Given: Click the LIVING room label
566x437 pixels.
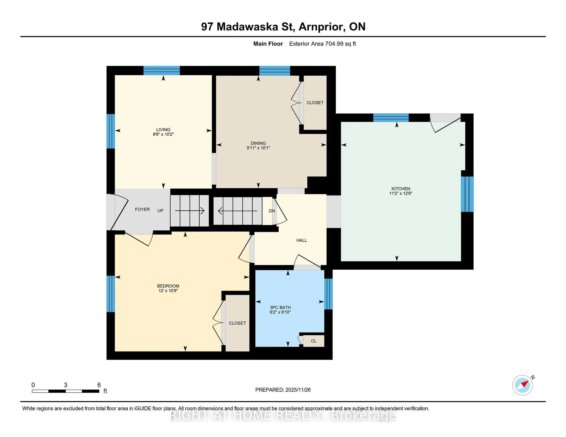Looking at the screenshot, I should (x=163, y=129).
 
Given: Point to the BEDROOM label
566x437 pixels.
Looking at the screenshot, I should (x=168, y=286).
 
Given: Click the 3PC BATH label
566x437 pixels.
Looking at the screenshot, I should (x=280, y=307).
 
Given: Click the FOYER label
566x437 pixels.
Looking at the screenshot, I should (x=142, y=209).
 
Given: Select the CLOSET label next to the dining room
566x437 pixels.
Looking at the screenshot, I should (x=315, y=102).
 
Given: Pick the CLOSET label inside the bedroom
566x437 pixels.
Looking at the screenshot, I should (x=237, y=323).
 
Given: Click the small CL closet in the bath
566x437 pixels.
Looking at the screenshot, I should (x=314, y=341).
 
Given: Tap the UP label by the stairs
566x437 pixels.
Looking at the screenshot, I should (x=160, y=210).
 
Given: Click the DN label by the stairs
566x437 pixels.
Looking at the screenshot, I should (x=272, y=211).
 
